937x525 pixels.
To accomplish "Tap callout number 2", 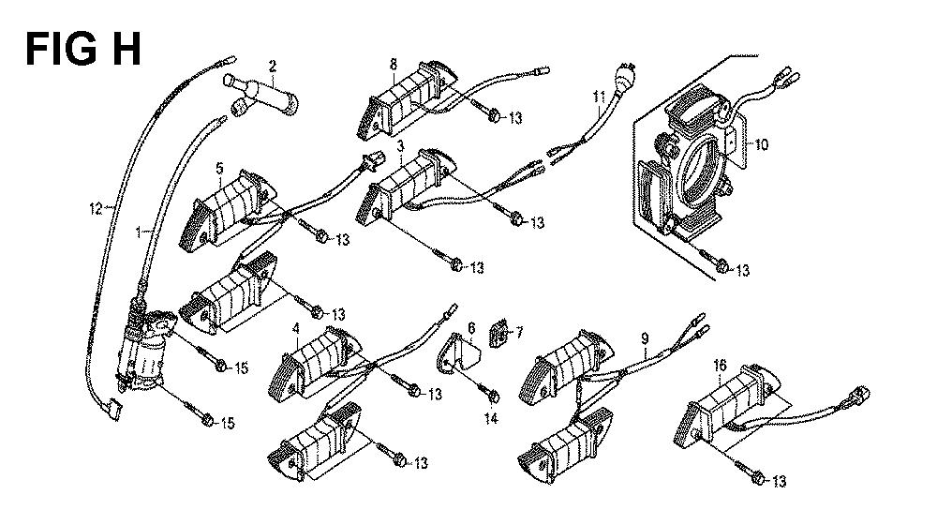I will click(272, 67).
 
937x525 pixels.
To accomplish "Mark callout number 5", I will click(219, 169).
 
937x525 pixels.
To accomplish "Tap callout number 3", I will click(400, 147).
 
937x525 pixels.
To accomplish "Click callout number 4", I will click(296, 329).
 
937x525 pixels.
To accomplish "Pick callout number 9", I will click(645, 337).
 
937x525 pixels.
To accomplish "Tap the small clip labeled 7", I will click(500, 332).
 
